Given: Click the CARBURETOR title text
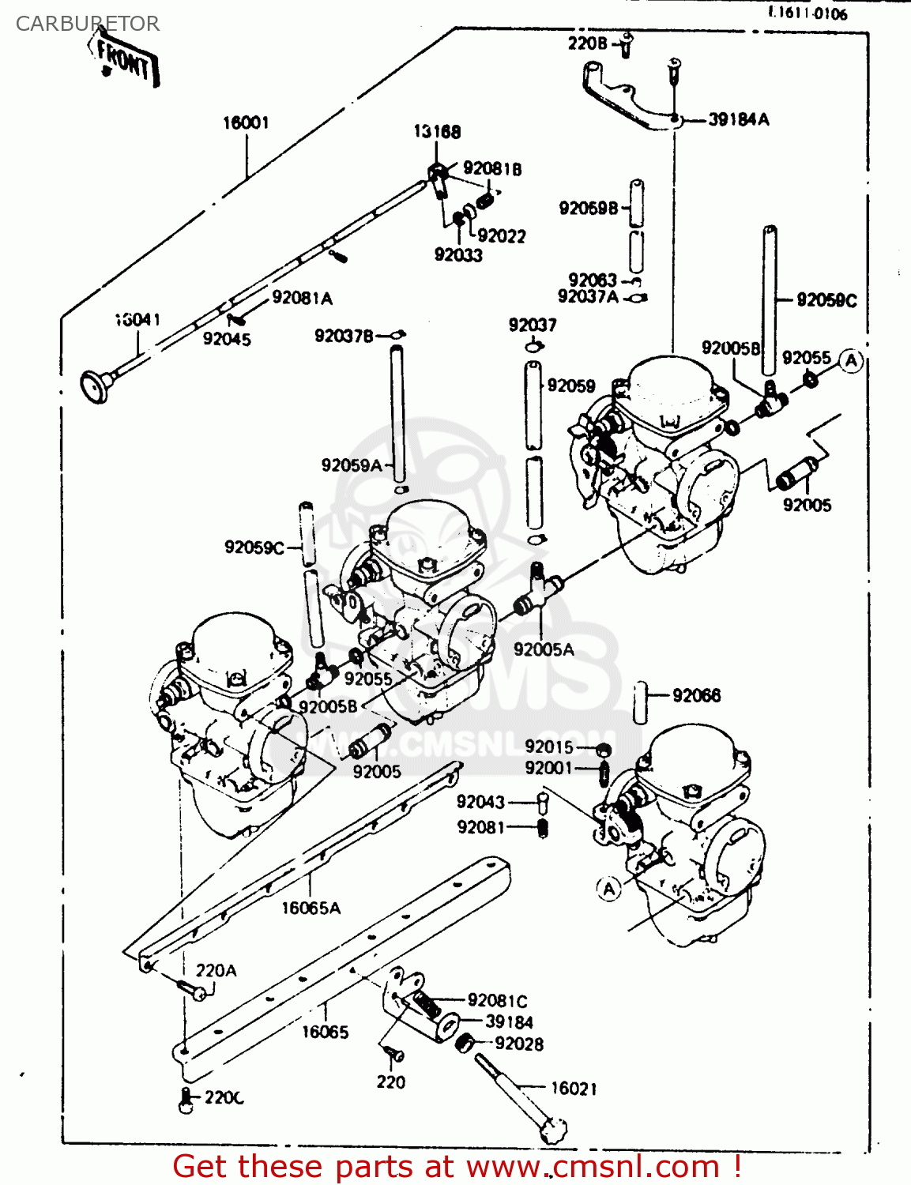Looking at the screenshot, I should click(87, 24).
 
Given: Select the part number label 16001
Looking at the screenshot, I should click(246, 122).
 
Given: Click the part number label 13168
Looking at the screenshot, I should click(437, 132).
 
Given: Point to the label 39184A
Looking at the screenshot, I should click(738, 119).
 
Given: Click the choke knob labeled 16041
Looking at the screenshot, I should click(96, 386).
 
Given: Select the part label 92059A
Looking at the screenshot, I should click(351, 465).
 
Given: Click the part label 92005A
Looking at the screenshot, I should click(544, 649).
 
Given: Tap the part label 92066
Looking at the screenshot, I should click(696, 695).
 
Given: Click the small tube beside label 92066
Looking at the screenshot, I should click(640, 702).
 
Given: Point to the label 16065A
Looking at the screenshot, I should click(311, 908).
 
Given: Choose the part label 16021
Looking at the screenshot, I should click(574, 1089).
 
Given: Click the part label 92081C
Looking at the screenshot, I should click(497, 1001).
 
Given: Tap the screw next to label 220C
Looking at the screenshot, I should click(186, 1100).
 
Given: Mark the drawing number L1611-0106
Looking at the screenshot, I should click(808, 13).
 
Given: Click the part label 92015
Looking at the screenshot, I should click(548, 747).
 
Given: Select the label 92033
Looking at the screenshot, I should click(458, 254).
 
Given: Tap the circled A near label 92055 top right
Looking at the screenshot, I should click(850, 361).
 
